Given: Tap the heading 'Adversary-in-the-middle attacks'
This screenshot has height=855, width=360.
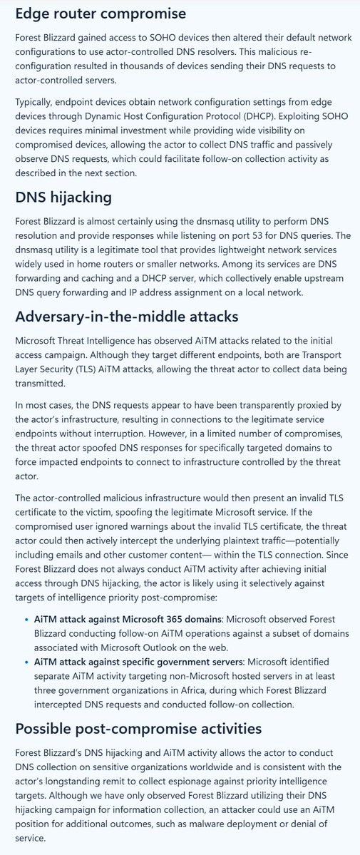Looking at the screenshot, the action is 122,316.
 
